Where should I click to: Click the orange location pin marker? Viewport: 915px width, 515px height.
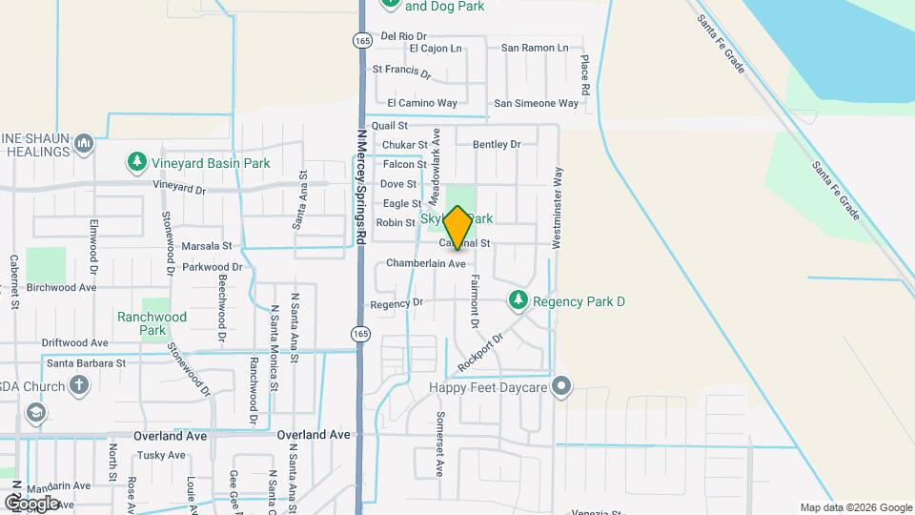pos(457,227)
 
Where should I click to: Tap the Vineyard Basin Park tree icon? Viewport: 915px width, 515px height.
pos(137,163)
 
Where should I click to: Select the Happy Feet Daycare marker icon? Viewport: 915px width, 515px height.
pos(562,386)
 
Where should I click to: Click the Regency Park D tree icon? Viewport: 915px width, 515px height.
pos(518,301)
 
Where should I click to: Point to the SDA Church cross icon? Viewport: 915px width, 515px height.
pos(80,386)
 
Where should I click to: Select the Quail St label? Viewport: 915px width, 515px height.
pos(389,126)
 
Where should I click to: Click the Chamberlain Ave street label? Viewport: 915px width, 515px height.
pos(426,263)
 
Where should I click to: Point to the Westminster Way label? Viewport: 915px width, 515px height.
pos(557,196)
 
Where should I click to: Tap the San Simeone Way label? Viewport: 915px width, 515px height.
pos(536,103)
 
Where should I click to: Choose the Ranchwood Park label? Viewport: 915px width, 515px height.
pos(152,323)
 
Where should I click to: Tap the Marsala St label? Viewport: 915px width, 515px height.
pos(207,246)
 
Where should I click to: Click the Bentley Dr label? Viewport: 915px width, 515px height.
pos(497,144)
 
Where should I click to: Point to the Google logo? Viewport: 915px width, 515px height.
pos(31,502)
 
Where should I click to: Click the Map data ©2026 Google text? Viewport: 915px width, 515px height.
pos(856,507)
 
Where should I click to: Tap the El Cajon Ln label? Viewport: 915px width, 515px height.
pos(435,48)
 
